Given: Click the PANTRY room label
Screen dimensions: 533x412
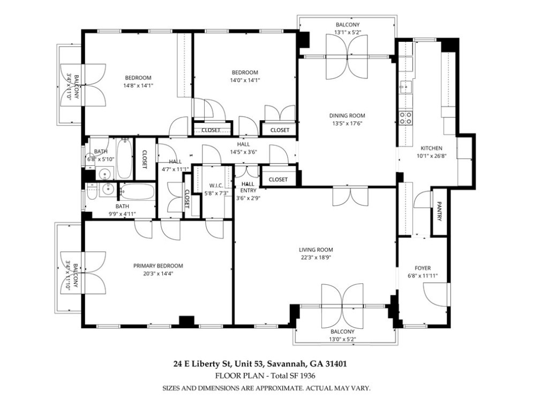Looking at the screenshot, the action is [439, 212].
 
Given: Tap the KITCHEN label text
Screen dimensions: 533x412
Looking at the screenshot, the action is [431, 148].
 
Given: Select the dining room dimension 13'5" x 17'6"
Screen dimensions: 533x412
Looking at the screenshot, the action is [347, 123].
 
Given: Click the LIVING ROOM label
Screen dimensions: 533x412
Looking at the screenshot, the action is [316, 249].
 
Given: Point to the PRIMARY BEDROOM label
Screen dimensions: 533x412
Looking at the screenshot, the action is [158, 266].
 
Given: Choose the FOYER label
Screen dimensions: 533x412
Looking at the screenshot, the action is [423, 268].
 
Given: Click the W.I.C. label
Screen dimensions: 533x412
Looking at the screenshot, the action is [216, 186].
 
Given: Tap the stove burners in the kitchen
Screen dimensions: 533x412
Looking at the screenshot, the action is [406, 118].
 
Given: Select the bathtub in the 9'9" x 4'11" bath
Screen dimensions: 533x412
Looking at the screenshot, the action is [137, 192].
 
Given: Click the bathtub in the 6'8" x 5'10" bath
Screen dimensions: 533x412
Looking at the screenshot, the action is [124, 158].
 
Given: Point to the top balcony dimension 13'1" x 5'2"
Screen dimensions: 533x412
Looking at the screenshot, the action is [348, 33].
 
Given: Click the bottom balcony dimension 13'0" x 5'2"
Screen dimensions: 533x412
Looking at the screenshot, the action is [342, 339].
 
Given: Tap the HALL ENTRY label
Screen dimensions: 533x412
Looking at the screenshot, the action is [248, 187].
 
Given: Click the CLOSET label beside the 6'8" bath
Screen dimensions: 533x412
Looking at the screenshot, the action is [144, 159].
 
